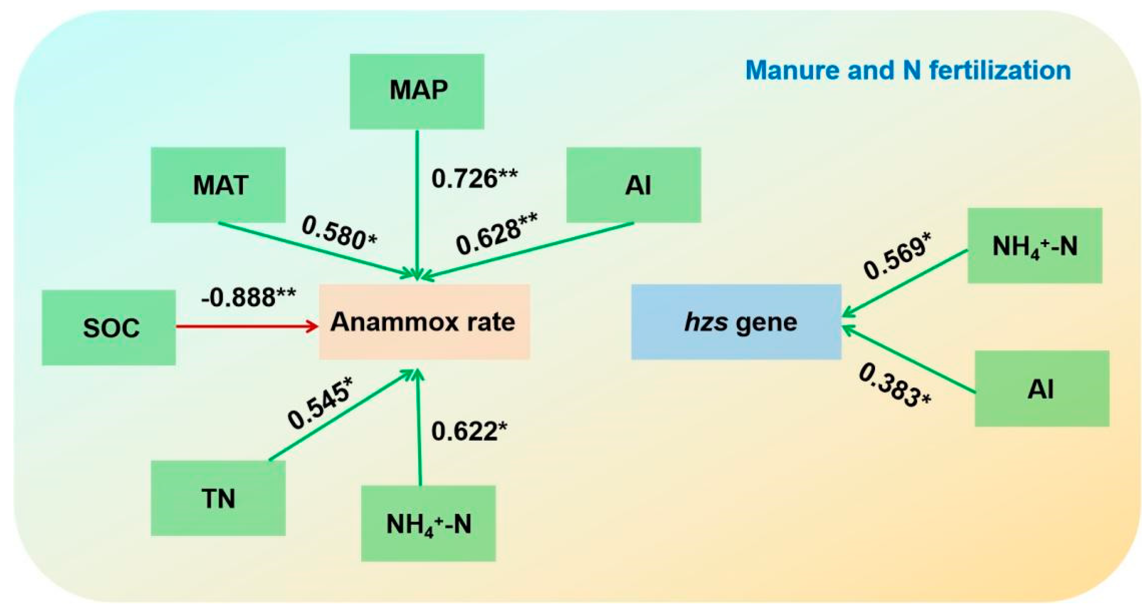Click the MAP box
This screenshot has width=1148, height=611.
coord(417,92)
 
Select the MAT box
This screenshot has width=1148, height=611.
coord(218,185)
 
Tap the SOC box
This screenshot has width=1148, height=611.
coord(109,328)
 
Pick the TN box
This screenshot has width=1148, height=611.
coord(218,498)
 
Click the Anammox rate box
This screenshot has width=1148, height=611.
coord(424,322)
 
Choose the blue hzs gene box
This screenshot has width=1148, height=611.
coord(736,322)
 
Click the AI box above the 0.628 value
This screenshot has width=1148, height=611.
coord(633,185)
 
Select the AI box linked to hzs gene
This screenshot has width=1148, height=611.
coord(1041,389)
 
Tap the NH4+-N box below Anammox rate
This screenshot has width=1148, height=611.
coord(428,523)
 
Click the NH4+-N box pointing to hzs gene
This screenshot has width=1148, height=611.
coord(1035,246)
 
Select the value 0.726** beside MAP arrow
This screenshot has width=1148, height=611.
coord(474,178)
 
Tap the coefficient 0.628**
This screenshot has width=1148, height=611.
coord(496,234)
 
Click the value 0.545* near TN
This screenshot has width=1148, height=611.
coord(320,404)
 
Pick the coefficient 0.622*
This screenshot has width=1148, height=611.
coord(469,431)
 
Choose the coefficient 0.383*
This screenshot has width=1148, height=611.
coord(895,386)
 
